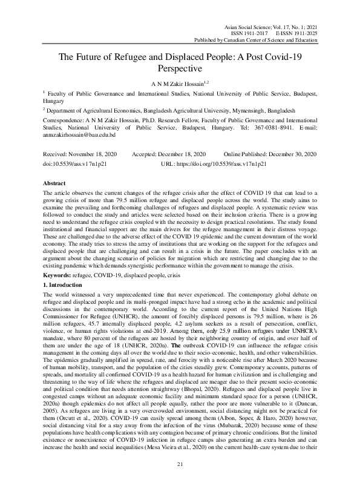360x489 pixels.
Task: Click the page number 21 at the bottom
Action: click(180, 464)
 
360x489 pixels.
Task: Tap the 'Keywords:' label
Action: click(57, 274)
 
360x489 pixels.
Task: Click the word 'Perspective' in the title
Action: click(180, 69)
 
